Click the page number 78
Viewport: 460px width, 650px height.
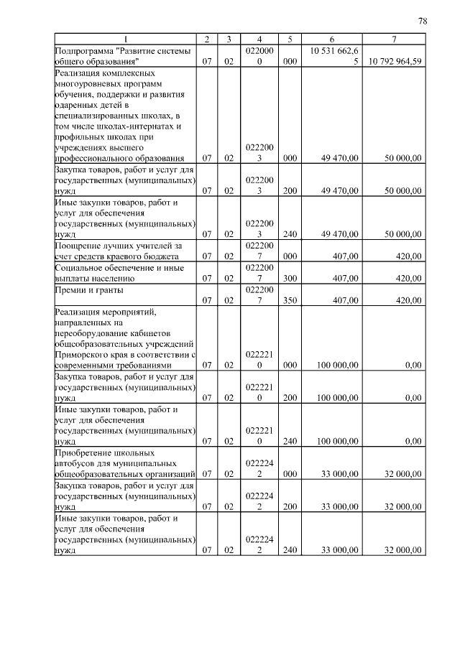coord(423,22)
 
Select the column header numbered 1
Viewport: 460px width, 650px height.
coord(126,39)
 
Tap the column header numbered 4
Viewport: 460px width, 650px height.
coord(259,39)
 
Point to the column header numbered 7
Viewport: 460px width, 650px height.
coord(394,39)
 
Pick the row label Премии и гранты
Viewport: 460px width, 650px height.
coord(88,290)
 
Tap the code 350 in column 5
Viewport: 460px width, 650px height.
coord(290,300)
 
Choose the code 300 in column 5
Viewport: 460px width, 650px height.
coord(290,277)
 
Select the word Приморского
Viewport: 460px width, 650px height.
coord(83,354)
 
